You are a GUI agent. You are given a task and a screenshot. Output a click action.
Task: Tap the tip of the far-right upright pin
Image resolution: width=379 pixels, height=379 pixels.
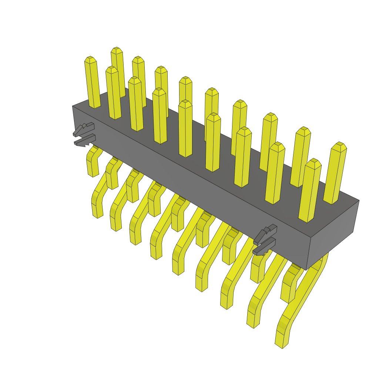(x=339, y=144)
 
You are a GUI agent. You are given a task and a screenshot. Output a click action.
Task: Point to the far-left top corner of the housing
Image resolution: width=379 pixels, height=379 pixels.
(x=73, y=106)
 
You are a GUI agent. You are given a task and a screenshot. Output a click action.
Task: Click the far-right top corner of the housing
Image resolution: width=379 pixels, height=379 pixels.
(x=359, y=201)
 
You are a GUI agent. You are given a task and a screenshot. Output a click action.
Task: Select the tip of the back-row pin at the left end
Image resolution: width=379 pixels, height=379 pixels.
(x=117, y=50)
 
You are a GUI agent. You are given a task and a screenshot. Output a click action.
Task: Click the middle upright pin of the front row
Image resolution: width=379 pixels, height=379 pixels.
(x=185, y=130)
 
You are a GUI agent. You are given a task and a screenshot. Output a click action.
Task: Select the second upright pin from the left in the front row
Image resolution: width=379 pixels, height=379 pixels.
(x=114, y=93)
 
